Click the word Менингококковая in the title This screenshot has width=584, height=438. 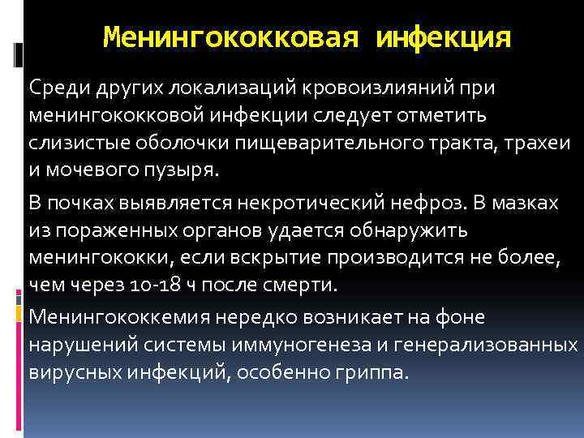coord(232,37)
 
